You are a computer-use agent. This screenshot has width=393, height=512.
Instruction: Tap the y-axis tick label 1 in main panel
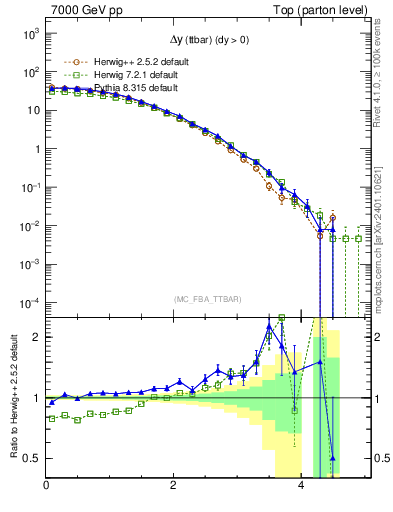point(37,149)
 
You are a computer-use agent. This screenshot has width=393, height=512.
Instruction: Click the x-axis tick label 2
point(174,487)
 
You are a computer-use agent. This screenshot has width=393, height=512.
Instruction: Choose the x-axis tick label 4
point(302,487)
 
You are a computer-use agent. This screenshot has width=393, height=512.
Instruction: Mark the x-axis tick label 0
point(46,487)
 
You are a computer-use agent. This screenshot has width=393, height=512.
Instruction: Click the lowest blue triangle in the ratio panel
point(333,458)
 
